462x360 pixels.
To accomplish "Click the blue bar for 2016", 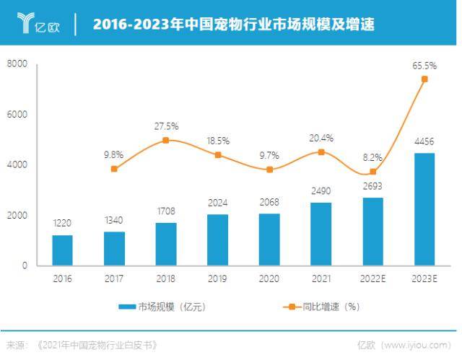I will tap(62, 250).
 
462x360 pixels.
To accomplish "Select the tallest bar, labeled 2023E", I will tap(424, 209).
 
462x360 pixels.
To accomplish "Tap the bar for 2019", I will tap(217, 240).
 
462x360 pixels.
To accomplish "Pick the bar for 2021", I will tap(321, 234).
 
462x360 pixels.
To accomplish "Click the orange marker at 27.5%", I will tap(166, 140).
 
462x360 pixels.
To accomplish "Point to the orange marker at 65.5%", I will tap(424, 79).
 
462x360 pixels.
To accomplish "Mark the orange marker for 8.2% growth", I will tap(372, 172).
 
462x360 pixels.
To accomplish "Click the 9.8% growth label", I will tap(114, 154).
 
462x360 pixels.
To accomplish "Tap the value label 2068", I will tap(269, 201).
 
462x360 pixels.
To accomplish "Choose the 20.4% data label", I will tap(321, 137).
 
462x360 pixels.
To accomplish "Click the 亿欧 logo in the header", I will tap(38, 25).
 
